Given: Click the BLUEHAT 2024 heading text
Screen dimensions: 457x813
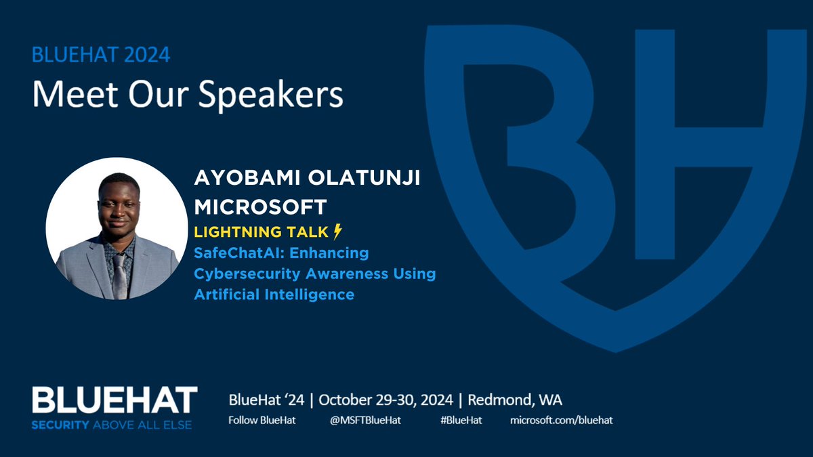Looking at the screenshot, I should [x=102, y=55].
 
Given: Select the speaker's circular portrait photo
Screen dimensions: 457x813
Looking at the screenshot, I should [x=117, y=228].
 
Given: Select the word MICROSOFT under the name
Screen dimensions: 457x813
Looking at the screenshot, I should [x=260, y=205].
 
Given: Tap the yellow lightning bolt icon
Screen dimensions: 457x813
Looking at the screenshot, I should [x=338, y=232].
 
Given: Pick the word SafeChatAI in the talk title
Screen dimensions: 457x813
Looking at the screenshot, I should [x=236, y=253].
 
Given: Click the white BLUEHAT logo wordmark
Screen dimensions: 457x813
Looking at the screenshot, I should [x=114, y=400].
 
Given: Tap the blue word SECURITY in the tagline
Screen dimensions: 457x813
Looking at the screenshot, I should [x=61, y=425].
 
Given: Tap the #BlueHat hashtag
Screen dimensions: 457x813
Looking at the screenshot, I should [x=461, y=420].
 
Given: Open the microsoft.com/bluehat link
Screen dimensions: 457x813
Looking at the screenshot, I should [x=561, y=420].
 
